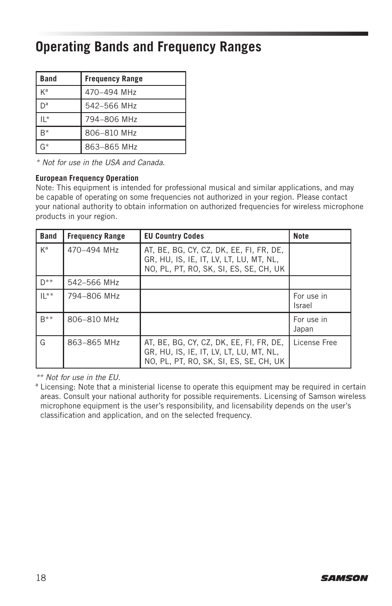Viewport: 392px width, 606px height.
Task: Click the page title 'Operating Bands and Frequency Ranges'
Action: [x=148, y=47]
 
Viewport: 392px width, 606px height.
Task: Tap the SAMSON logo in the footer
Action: [x=344, y=578]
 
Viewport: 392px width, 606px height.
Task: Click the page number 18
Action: [x=41, y=578]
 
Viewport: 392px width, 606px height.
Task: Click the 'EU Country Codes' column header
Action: [x=174, y=236]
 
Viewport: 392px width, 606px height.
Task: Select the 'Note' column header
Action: [x=301, y=236]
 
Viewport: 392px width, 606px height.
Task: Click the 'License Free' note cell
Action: [x=315, y=343]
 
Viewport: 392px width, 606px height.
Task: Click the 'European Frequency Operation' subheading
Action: [x=87, y=178]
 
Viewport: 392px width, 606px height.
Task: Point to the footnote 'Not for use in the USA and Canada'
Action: [x=101, y=163]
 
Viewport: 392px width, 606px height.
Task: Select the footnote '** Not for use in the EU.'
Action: [x=78, y=377]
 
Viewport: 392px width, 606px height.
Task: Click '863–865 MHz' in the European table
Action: [x=93, y=343]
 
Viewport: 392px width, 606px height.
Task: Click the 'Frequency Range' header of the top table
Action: [x=114, y=79]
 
